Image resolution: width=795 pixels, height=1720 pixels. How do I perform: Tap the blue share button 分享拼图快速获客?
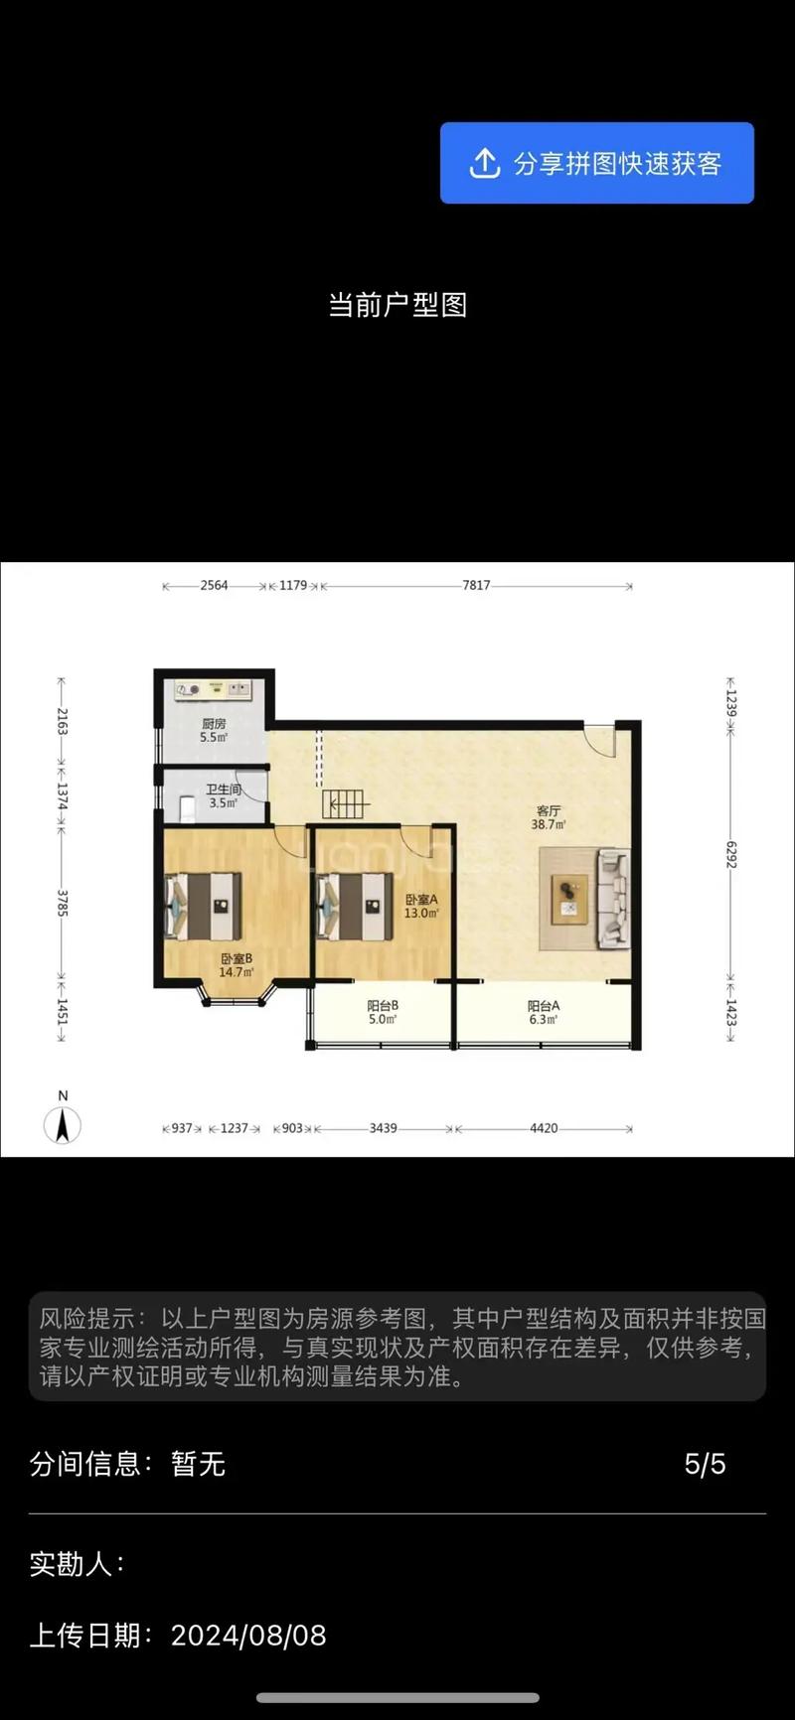pos(596,163)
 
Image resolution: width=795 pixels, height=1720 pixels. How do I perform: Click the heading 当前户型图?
pos(397,305)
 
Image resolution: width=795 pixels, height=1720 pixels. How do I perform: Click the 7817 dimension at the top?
pos(476,586)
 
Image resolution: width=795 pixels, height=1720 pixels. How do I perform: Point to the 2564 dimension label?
pos(214,586)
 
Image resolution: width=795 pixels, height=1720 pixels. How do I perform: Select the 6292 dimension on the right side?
pos(730,856)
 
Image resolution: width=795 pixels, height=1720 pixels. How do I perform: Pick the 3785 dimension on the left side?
pos(62,903)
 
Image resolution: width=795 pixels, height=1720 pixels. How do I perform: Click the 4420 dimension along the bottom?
pos(544,1128)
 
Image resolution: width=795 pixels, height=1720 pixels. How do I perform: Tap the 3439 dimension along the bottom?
pos(383,1128)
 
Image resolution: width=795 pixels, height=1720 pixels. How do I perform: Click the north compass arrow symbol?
pos(63,1125)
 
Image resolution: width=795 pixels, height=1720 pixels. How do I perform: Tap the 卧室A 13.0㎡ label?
pos(421,906)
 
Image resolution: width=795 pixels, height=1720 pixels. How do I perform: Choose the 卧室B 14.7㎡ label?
pos(237,965)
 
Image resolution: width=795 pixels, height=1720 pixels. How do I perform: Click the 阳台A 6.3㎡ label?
pos(544,1012)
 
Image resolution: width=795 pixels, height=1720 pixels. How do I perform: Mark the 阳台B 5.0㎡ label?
pos(383,1012)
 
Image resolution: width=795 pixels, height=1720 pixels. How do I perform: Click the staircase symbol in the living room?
pos(345,803)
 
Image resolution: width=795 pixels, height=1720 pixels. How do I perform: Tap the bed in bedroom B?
pos(204,906)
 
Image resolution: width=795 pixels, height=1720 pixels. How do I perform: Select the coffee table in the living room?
pos(569,899)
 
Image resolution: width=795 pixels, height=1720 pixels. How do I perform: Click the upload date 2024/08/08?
pos(248,1636)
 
